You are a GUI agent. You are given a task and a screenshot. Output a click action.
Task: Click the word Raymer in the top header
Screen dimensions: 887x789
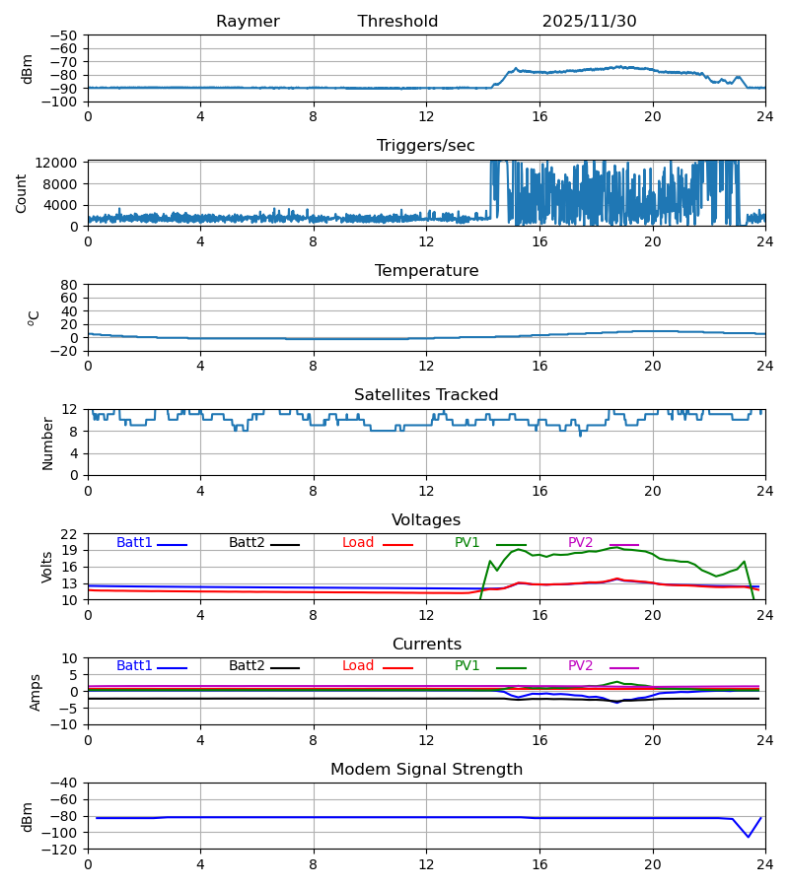[248, 22]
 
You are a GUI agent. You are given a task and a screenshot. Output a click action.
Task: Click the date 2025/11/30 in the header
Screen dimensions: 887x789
[589, 22]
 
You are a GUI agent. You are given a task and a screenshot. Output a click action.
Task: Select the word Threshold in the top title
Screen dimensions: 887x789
[397, 22]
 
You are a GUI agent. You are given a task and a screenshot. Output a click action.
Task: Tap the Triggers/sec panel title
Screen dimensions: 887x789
[426, 146]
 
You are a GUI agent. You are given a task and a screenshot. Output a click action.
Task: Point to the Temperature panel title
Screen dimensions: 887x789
[426, 271]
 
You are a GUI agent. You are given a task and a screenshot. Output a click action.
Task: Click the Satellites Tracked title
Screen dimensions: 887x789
[426, 395]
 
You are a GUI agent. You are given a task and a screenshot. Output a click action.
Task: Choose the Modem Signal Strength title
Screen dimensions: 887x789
[426, 770]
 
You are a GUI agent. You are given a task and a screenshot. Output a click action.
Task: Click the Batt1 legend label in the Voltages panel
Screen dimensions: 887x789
[134, 543]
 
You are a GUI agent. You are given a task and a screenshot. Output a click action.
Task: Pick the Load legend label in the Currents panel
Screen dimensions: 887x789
[358, 666]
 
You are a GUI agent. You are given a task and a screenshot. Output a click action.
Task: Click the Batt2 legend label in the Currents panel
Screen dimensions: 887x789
[247, 666]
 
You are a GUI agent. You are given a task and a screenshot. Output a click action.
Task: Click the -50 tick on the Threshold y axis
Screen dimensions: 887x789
[67, 35]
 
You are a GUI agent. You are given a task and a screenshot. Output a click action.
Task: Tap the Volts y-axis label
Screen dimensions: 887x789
[46, 567]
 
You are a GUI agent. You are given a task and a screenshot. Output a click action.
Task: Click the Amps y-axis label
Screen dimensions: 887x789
[36, 692]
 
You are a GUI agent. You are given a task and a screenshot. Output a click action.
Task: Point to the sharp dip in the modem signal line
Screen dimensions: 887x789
[749, 837]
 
